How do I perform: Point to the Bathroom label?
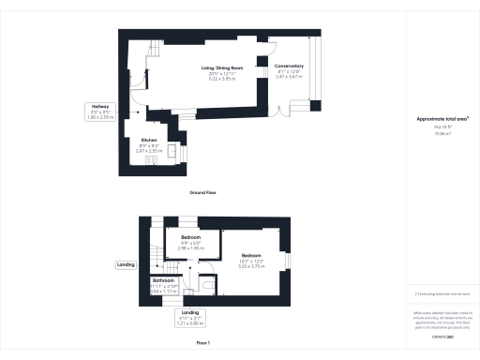pyautogui.click(x=164, y=279)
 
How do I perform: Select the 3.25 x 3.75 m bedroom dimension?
pyautogui.click(x=251, y=267)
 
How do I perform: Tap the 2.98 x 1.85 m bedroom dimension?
pyautogui.click(x=190, y=248)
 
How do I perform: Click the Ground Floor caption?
pyautogui.click(x=204, y=192)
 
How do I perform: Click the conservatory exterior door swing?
pyautogui.click(x=284, y=117)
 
